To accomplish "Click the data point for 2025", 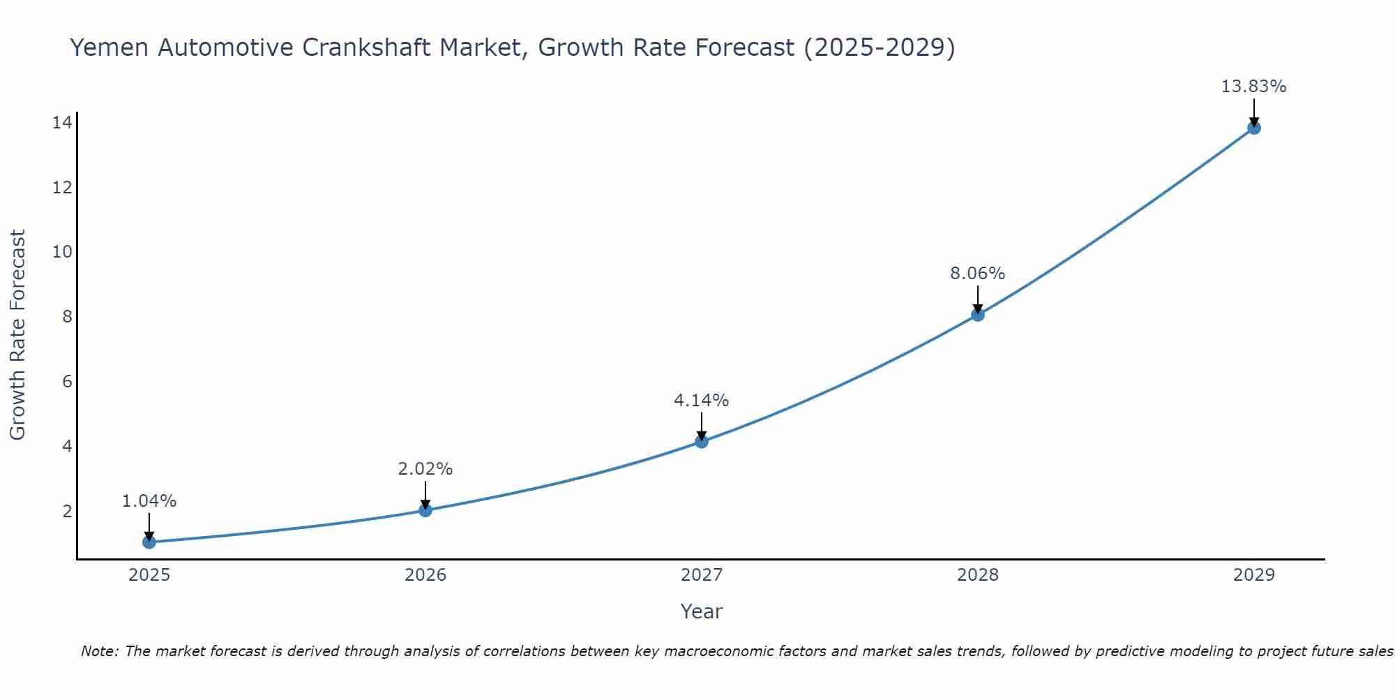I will (x=149, y=542).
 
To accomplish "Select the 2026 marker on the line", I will (x=425, y=510).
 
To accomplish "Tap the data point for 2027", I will (x=702, y=441).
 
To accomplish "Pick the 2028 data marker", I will (x=978, y=314).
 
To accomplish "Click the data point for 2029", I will (x=1254, y=128).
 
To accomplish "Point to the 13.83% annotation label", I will (x=1253, y=87).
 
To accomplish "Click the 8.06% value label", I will (x=977, y=274).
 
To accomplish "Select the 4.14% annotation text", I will (x=701, y=401).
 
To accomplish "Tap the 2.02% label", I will (x=425, y=469).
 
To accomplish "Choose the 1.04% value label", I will (x=149, y=501).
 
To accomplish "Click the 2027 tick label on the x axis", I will (x=702, y=575).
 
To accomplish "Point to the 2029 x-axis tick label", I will (x=1254, y=575).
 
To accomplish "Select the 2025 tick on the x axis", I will (x=149, y=575).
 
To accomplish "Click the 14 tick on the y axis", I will (x=62, y=123).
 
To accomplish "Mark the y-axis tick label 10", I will (x=62, y=252).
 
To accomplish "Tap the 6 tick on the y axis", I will (x=67, y=381).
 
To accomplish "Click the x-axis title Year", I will (x=701, y=611).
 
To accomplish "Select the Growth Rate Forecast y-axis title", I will (x=17, y=335).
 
